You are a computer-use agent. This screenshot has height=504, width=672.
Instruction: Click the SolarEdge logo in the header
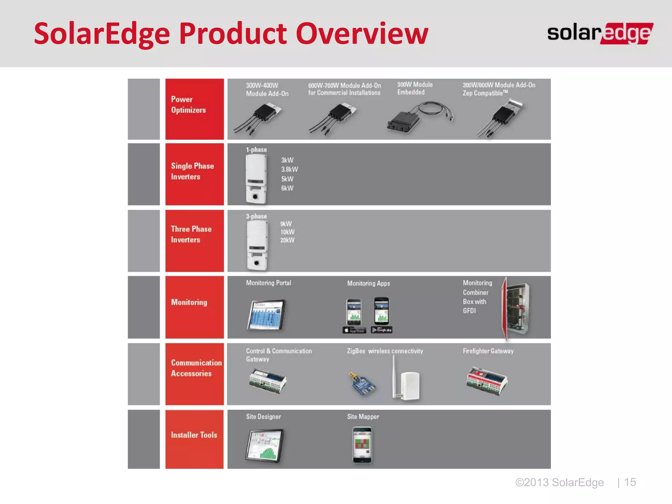coord(600,33)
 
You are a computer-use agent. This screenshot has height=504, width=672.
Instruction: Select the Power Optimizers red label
coord(194,109)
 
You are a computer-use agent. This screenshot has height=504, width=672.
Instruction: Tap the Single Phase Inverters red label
coord(194,174)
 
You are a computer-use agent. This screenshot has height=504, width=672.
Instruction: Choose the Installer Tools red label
coord(194,439)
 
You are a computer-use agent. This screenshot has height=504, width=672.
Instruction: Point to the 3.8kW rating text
coord(289,169)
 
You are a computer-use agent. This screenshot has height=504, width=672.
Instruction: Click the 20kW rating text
coord(287,240)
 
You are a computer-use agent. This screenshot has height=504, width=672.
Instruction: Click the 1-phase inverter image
coord(256,179)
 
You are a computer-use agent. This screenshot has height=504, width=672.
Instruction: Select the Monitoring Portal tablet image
coord(266,314)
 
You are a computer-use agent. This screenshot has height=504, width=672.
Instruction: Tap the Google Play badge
coord(382,330)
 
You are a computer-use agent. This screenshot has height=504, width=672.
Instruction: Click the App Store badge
coord(354,330)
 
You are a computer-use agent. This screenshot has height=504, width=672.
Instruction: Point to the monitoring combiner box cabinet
coord(516,308)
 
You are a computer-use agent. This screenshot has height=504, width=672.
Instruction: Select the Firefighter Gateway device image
coord(487,381)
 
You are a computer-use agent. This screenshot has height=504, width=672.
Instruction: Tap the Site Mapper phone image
coord(362,445)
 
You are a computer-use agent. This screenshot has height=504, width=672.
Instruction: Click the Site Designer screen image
coord(264,446)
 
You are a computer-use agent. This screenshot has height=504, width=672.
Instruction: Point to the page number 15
coord(630,482)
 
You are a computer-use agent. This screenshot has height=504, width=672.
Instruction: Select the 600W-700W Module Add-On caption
coord(344,89)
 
